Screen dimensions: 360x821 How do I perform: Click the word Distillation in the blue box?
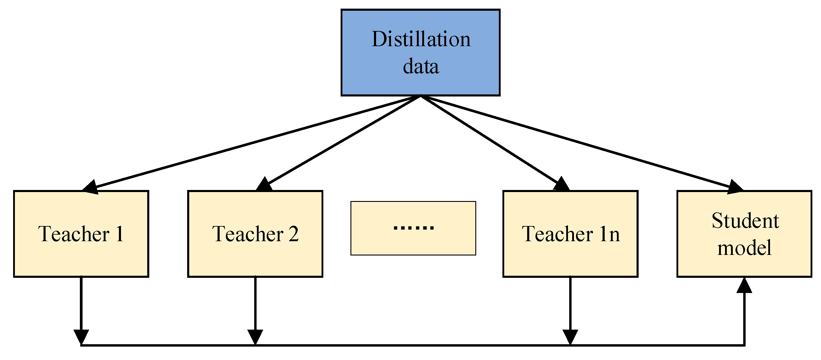(x=421, y=39)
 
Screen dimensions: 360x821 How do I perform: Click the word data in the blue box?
(x=421, y=67)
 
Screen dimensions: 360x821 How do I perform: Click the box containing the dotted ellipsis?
(x=413, y=228)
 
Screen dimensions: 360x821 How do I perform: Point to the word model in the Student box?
(x=744, y=248)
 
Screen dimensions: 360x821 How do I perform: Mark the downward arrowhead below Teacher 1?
(x=81, y=337)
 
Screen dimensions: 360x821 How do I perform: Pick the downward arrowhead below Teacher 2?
(x=255, y=337)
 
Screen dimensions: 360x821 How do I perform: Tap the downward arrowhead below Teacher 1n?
(x=570, y=337)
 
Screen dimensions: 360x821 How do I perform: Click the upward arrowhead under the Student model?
(x=744, y=285)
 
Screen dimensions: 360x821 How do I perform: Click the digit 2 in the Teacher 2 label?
(x=294, y=234)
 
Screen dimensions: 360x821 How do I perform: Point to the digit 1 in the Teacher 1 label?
(x=120, y=234)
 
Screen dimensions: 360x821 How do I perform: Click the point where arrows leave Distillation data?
(x=421, y=96)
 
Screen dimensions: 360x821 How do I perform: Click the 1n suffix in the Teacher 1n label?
(x=609, y=234)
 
